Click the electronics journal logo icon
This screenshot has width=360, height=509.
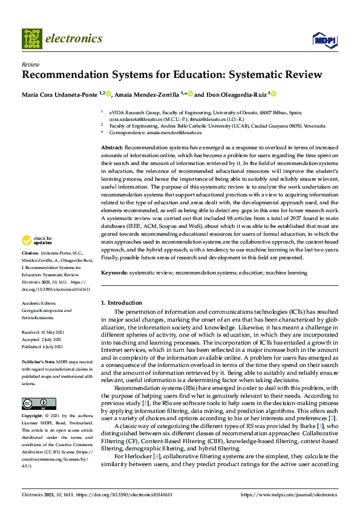33,38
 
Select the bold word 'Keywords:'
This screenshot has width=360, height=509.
114,273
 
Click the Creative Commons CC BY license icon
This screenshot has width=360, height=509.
34,404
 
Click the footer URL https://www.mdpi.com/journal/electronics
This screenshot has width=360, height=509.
289,494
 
